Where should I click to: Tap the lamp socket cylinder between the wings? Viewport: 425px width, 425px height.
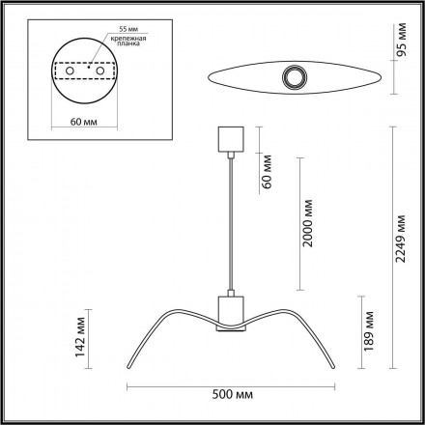[230, 309]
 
